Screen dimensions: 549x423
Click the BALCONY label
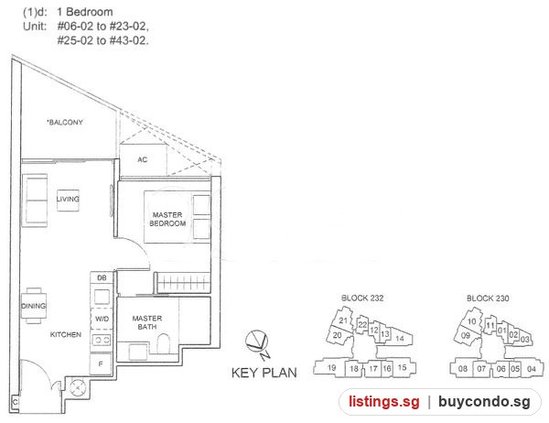tap(65, 123)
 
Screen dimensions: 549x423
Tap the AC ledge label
tap(142, 160)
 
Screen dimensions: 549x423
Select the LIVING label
tap(68, 199)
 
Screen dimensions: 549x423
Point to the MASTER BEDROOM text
tap(167, 219)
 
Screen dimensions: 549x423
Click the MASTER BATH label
tap(147, 322)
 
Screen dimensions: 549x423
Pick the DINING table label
tap(34, 306)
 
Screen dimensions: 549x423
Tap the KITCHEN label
tap(66, 335)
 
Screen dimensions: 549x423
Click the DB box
tap(102, 278)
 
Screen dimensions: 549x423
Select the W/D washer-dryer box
tap(102, 319)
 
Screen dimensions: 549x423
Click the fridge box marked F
tap(101, 363)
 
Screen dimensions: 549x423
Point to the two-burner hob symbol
tap(102, 340)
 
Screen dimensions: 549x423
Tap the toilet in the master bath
tap(163, 343)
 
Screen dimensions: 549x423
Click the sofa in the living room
tap(35, 201)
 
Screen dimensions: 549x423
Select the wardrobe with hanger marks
tap(182, 283)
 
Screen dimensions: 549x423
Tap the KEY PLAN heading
tap(264, 373)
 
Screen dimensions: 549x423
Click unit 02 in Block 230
tap(513, 334)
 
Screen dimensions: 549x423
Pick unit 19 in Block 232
tap(331, 368)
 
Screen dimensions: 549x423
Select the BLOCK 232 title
tap(362, 298)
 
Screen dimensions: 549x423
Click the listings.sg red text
tap(384, 402)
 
